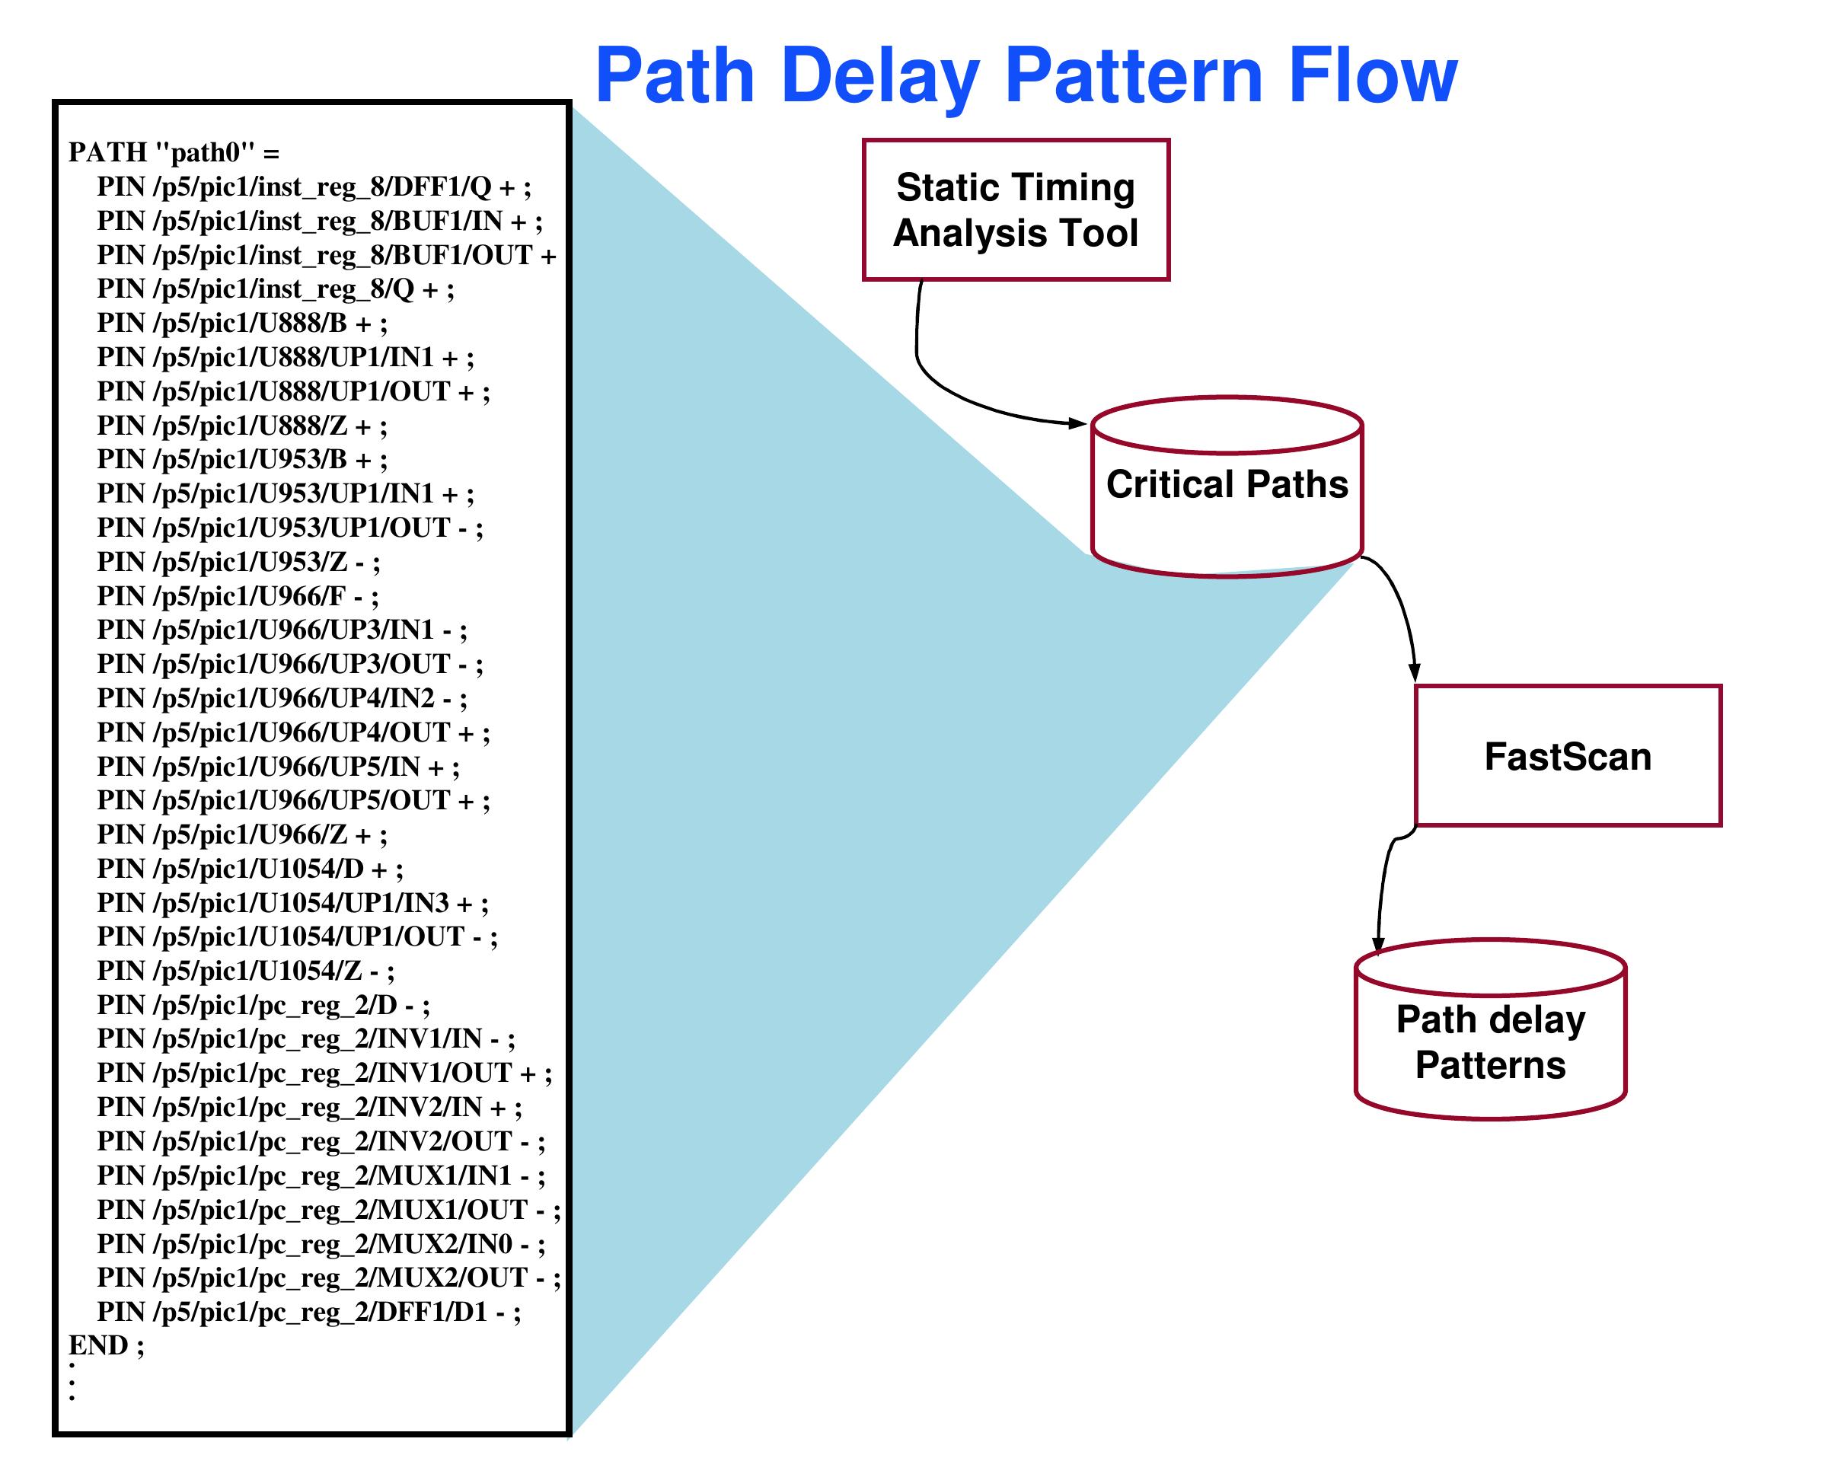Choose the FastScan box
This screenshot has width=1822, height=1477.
(x=1568, y=755)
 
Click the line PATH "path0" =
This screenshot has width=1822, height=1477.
(x=174, y=153)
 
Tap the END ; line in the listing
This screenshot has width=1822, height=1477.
(x=107, y=1345)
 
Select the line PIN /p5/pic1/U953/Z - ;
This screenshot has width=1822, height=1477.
(x=238, y=563)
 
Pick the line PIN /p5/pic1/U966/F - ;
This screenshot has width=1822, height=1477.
(x=238, y=596)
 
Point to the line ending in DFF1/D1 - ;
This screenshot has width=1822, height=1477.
(x=308, y=1311)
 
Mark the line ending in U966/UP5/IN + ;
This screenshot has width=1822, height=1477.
(x=277, y=767)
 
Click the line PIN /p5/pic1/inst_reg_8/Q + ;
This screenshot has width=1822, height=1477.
(x=275, y=289)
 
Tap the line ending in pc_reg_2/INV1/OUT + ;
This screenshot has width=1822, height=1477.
(x=324, y=1073)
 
